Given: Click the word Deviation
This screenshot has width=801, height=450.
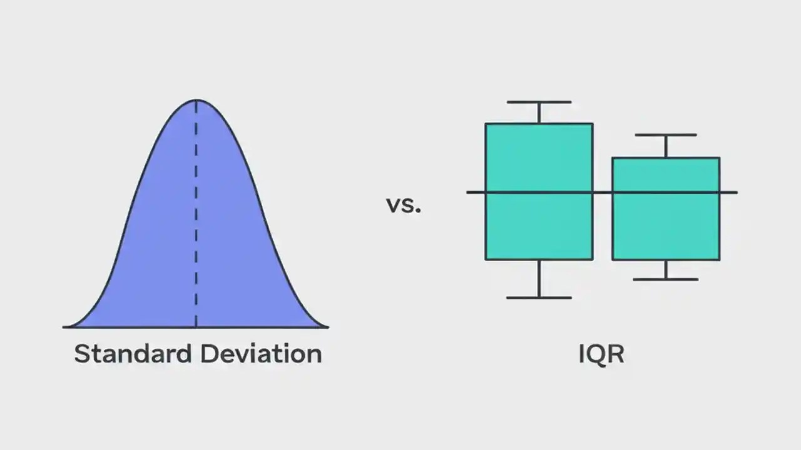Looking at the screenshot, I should pos(261,354).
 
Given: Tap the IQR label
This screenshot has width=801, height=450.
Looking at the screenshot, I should pos(601,354).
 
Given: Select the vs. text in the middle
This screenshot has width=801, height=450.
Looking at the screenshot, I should pos(404,204).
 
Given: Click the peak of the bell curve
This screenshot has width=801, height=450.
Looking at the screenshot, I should pos(196,101).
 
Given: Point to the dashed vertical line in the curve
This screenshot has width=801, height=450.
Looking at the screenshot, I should pos(196,212).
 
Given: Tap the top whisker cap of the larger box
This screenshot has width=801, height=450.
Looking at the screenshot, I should pos(539,102).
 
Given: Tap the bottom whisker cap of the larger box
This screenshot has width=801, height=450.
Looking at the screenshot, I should pos(539,297).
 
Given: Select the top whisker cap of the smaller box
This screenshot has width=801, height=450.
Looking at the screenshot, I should pos(666,135).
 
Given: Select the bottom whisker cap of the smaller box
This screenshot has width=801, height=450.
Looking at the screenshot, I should pos(666,279).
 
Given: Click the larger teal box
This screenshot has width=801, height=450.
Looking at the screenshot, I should pos(539,156).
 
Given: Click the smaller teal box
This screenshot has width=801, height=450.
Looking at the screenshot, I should pos(666,225).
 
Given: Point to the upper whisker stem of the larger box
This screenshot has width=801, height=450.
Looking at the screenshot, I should pos(539,113).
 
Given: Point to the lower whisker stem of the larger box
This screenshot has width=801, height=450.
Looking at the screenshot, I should pos(539,279).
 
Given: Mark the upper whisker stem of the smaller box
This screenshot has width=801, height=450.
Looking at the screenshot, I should pos(666,146).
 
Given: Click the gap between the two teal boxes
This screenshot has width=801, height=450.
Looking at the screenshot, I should pos(603,225).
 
